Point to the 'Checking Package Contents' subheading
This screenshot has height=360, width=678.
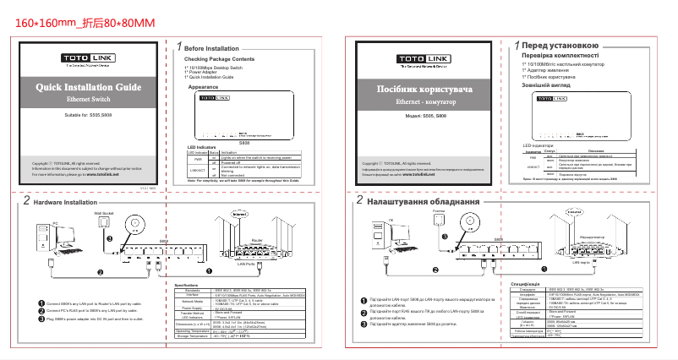click(x=219, y=60)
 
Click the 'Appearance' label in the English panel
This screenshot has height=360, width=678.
click(x=204, y=87)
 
